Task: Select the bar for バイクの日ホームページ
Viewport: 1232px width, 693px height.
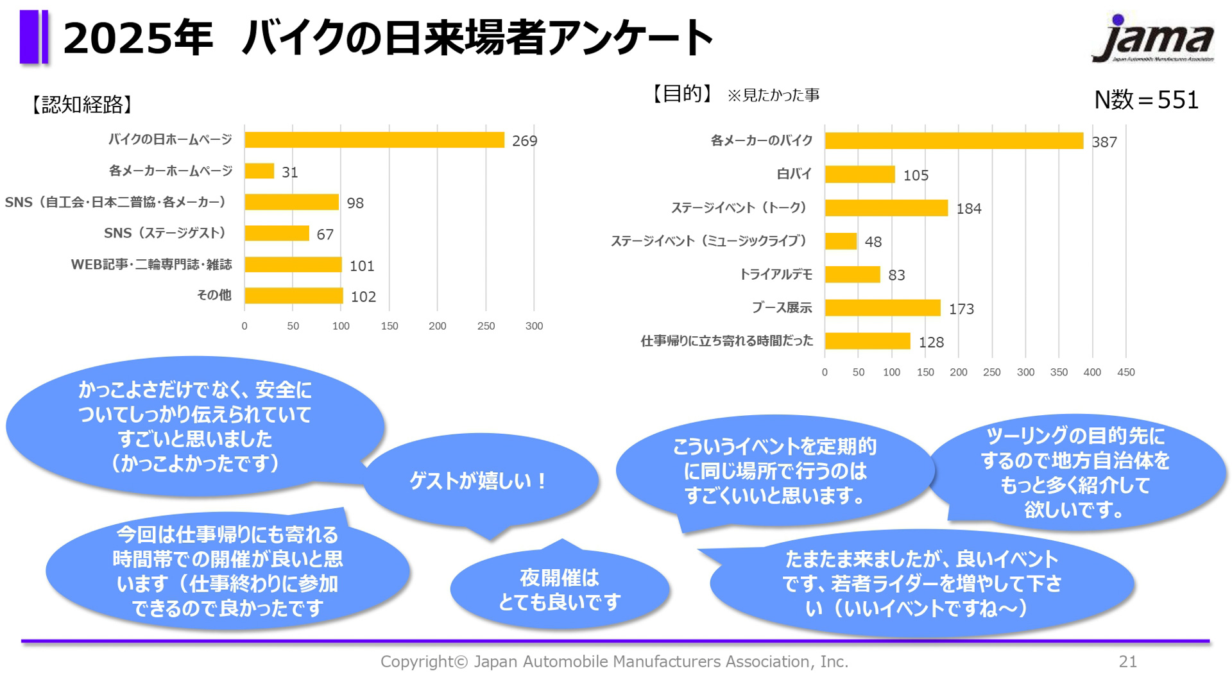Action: tap(374, 140)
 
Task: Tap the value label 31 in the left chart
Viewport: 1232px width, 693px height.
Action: tap(290, 172)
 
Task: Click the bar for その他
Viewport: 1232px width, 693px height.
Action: tap(293, 296)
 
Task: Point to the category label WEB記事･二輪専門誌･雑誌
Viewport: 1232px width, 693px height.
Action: tap(151, 264)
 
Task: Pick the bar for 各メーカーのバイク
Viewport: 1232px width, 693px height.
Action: tap(954, 141)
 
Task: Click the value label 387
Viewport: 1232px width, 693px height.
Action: tap(1104, 142)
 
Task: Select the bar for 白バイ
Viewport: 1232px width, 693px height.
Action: tap(859, 175)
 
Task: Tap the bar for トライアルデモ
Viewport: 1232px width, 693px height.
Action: tap(852, 275)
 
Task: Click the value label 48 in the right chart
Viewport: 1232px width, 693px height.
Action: tap(873, 242)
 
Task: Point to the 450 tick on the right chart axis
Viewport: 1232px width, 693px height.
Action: tap(1125, 372)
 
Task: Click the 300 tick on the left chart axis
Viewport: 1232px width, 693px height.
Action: tap(534, 326)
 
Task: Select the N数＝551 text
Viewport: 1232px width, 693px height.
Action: tap(1146, 100)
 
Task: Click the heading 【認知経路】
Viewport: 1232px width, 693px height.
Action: tap(82, 104)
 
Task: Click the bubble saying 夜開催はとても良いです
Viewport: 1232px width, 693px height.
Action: tap(560, 589)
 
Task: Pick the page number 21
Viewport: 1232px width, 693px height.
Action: tap(1127, 662)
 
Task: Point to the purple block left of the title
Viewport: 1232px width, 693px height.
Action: tap(33, 37)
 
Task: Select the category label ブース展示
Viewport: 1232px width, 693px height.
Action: tap(782, 308)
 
